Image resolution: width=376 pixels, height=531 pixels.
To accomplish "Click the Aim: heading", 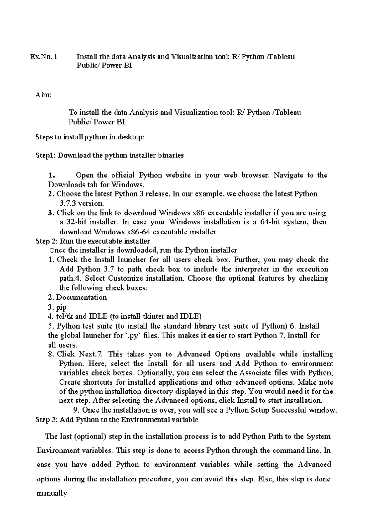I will tap(43, 95).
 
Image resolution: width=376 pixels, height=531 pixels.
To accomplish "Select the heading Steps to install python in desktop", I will tap(90, 137).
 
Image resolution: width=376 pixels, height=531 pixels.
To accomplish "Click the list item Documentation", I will tap(81, 297).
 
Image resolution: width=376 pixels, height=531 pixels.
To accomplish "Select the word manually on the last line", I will tap(52, 493).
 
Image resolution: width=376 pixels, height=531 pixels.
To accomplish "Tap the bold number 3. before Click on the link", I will tap(51, 213).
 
